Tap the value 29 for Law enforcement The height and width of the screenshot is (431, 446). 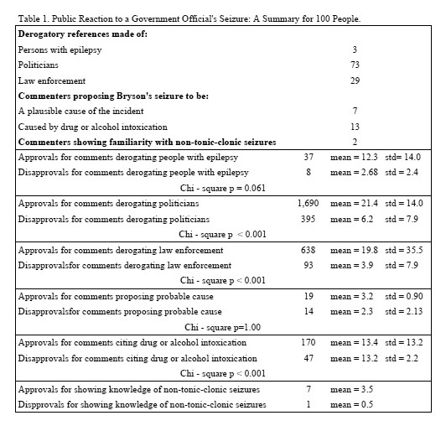pos(355,80)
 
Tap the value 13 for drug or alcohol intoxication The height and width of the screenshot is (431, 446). pos(355,127)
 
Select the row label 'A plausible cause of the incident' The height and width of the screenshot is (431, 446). pos(80,111)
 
